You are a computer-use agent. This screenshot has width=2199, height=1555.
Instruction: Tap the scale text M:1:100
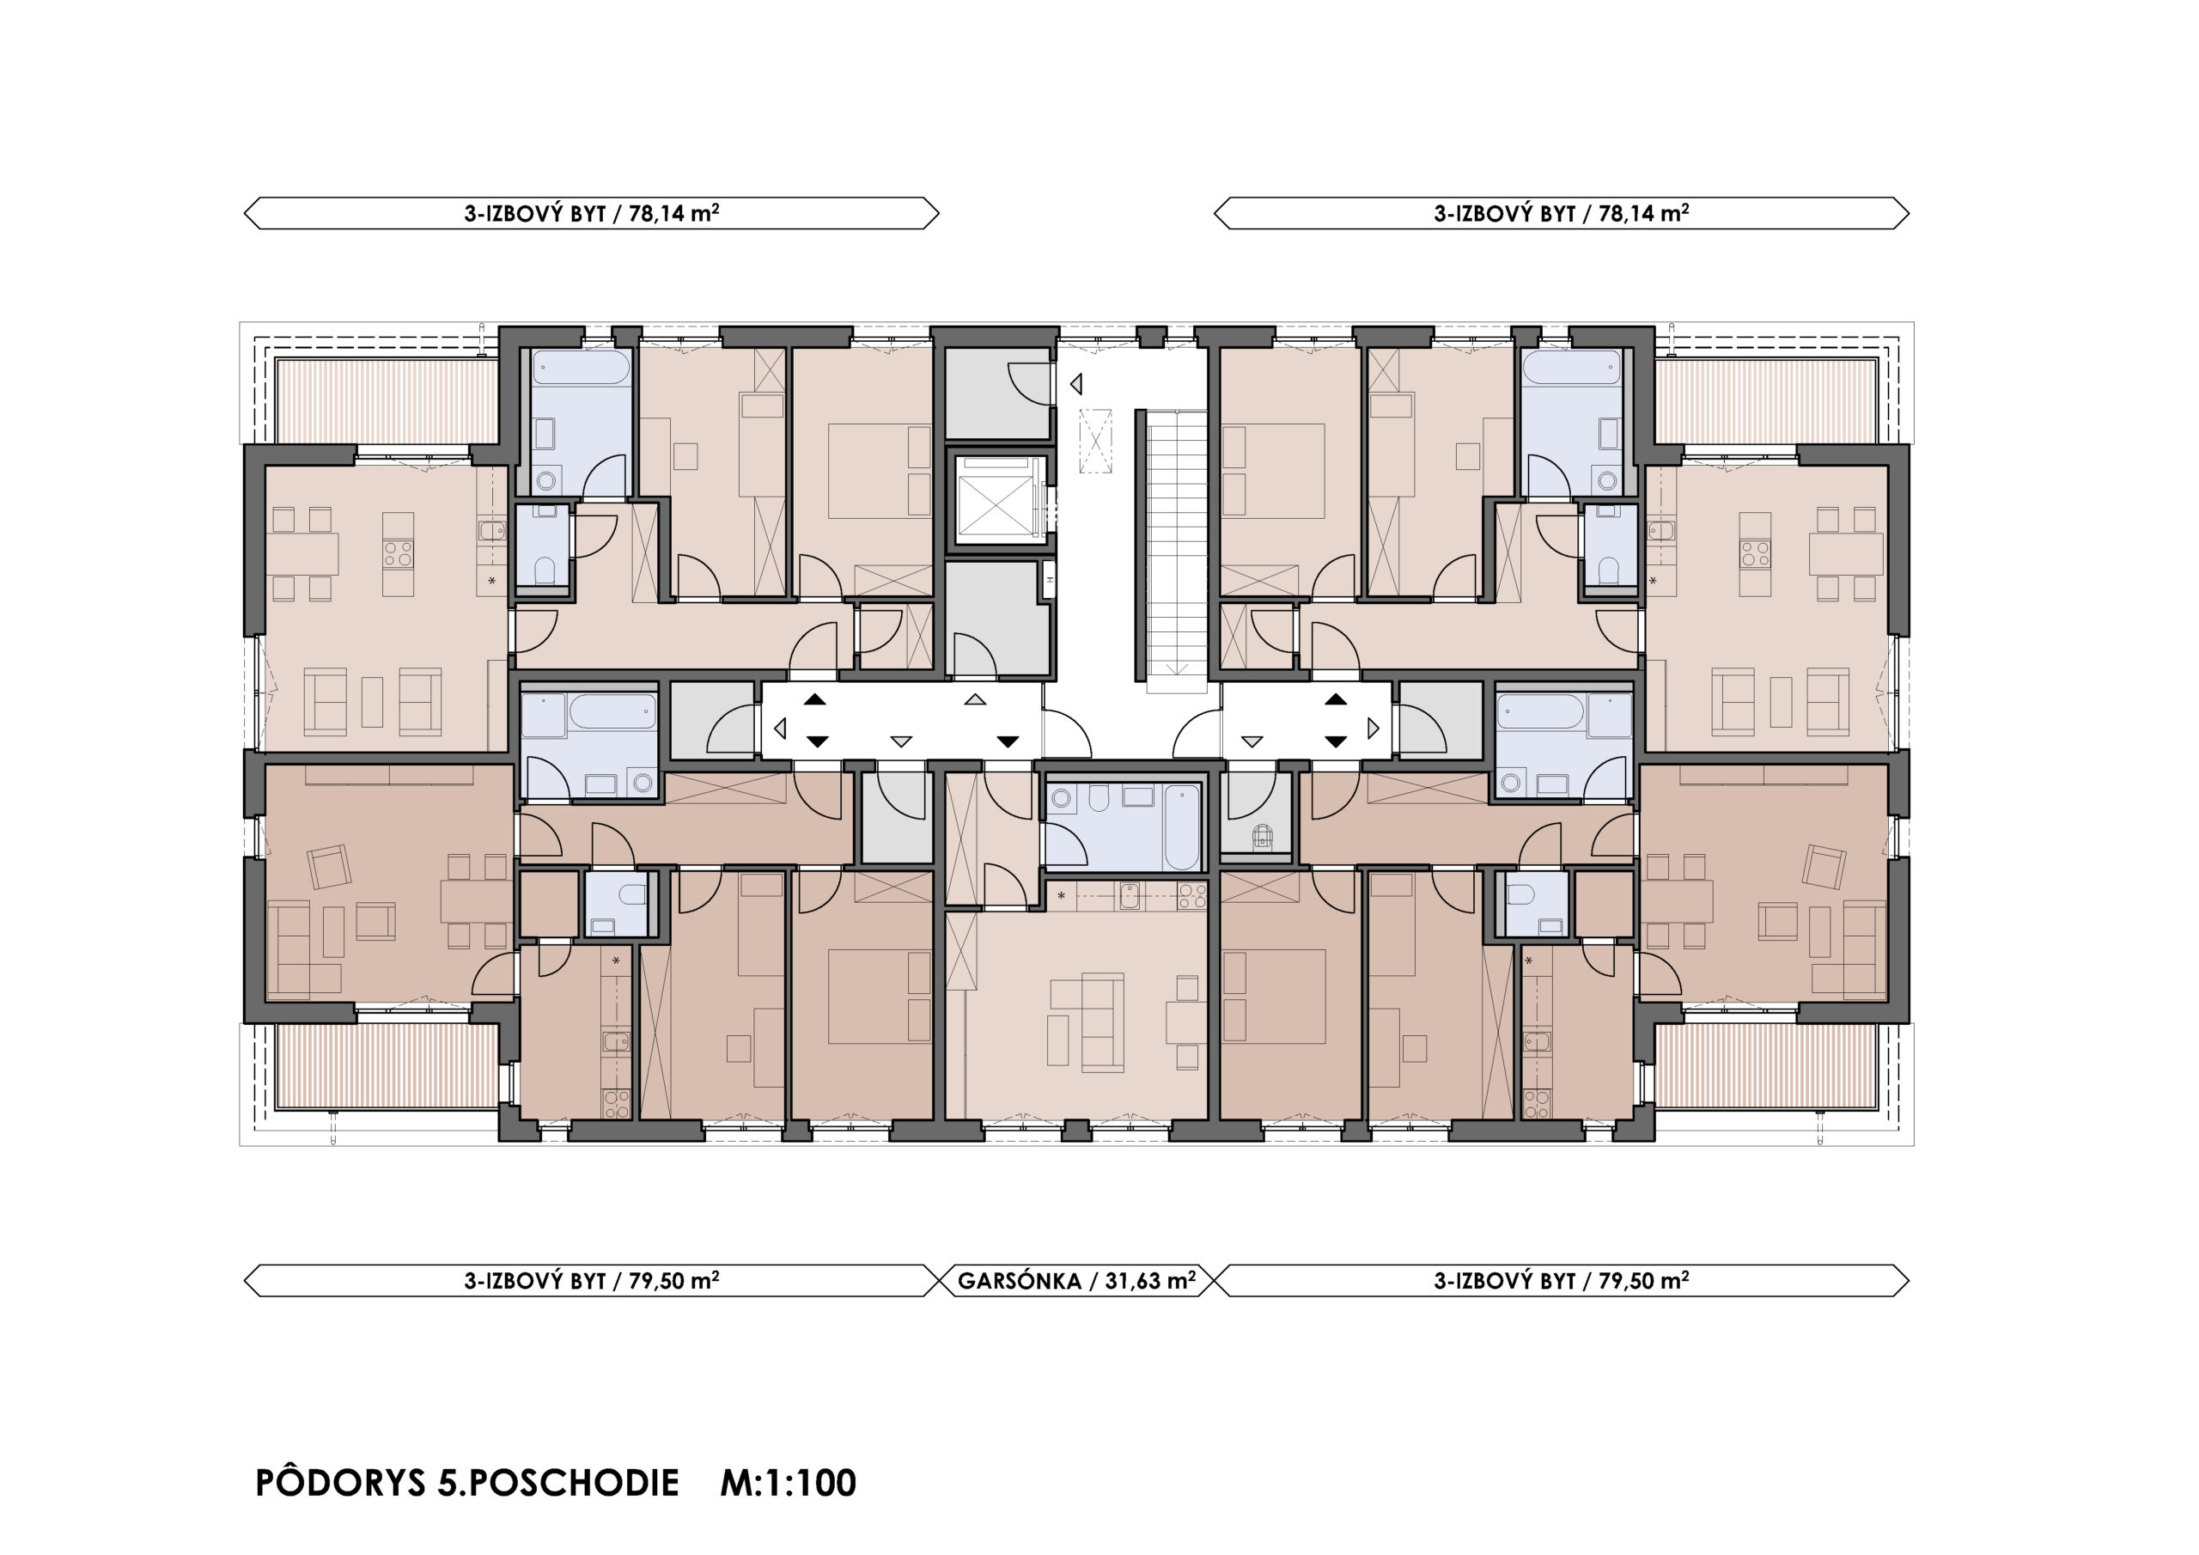pos(789,1483)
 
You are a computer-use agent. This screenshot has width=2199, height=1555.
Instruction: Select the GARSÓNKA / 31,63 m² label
pos(1076,1280)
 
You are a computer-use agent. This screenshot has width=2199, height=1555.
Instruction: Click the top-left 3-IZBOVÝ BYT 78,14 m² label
pos(592,213)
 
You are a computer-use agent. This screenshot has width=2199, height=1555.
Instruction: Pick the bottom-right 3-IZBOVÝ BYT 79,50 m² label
pos(1561,1280)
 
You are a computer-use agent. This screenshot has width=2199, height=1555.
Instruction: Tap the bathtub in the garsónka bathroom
pos(1182,826)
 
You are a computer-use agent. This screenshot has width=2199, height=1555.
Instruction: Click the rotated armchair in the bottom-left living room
pos(328,867)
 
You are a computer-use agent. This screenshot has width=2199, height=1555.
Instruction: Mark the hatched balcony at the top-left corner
pos(387,401)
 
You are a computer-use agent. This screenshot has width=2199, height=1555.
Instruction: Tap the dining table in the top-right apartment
pos(1846,554)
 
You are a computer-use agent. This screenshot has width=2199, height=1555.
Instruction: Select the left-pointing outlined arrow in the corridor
pos(780,729)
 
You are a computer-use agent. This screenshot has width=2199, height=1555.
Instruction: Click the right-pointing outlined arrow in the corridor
pos(1374,729)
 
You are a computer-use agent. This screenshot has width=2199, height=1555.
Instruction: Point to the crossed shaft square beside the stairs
pos(1097,440)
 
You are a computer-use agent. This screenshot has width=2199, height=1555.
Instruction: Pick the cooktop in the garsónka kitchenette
pos(1192,896)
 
